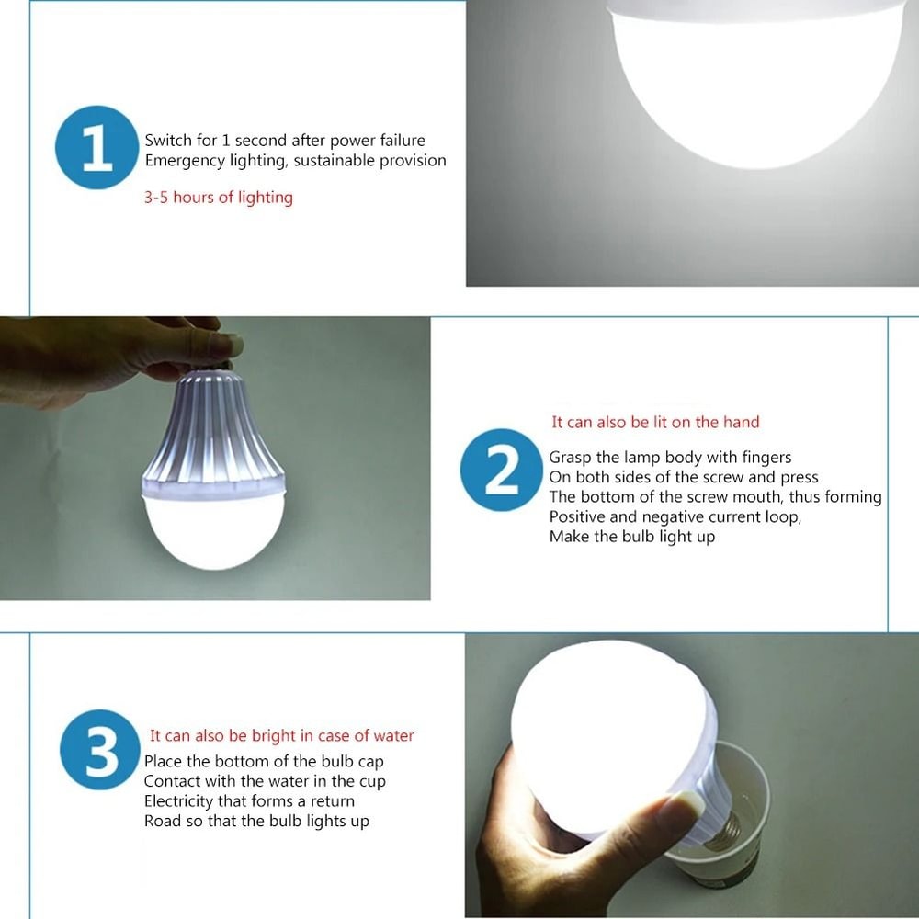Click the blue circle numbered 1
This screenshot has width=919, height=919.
96,148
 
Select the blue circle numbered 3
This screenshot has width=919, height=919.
100,750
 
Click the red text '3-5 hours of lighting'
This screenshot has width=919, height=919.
218,198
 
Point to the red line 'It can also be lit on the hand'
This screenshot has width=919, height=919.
655,423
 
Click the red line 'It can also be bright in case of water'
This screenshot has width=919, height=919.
281,736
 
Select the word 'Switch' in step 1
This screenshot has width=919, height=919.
167,141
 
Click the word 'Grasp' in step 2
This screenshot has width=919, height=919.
572,458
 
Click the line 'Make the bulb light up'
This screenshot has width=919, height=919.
631,537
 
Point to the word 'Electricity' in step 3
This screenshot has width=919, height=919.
179,801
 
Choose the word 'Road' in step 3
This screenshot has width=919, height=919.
162,822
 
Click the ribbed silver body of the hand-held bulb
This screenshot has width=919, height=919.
214,432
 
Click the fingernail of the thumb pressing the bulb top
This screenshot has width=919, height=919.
223,345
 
